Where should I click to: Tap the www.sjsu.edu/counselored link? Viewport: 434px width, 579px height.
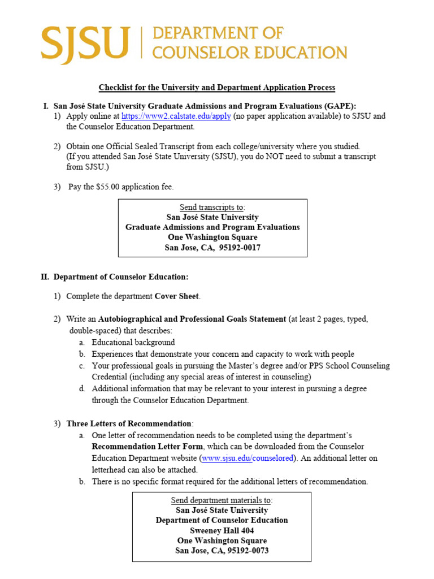pos(248,458)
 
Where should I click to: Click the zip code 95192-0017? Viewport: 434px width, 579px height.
pos(240,248)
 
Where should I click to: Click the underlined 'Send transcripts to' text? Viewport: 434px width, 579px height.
pos(212,208)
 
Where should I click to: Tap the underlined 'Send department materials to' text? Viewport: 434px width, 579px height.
pos(222,500)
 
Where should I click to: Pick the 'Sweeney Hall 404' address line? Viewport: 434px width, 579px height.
pos(222,530)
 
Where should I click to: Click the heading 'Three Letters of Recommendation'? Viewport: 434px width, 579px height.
pos(129,424)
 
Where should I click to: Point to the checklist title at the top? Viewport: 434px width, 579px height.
pos(217,88)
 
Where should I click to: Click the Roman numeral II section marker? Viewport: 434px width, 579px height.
pos(45,277)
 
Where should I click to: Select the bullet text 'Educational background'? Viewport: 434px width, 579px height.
pos(133,343)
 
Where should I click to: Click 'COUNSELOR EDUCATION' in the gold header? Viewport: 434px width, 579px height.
pos(250,53)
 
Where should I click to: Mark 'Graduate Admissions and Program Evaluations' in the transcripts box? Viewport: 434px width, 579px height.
pos(212,227)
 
